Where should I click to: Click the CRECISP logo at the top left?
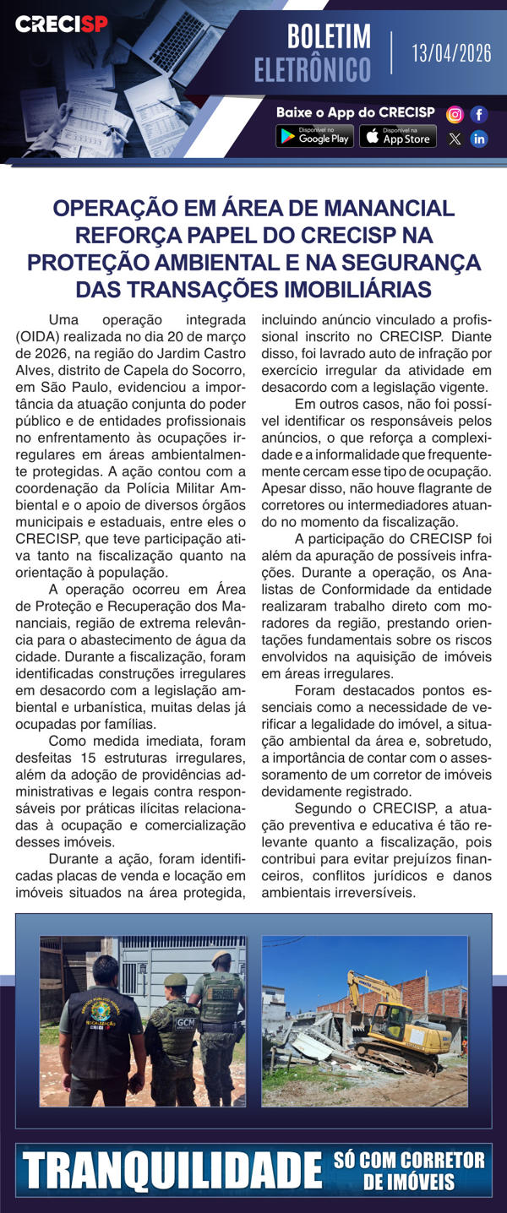62,24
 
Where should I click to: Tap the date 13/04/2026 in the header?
451,54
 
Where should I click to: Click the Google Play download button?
314,137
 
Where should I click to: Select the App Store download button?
398,137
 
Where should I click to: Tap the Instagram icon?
455,114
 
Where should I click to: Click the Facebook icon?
479,114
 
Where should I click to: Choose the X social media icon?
455,139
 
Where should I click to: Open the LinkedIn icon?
479,139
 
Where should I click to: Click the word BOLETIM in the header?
329,37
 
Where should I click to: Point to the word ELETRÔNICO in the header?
313,69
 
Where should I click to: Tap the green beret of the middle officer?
175,980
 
